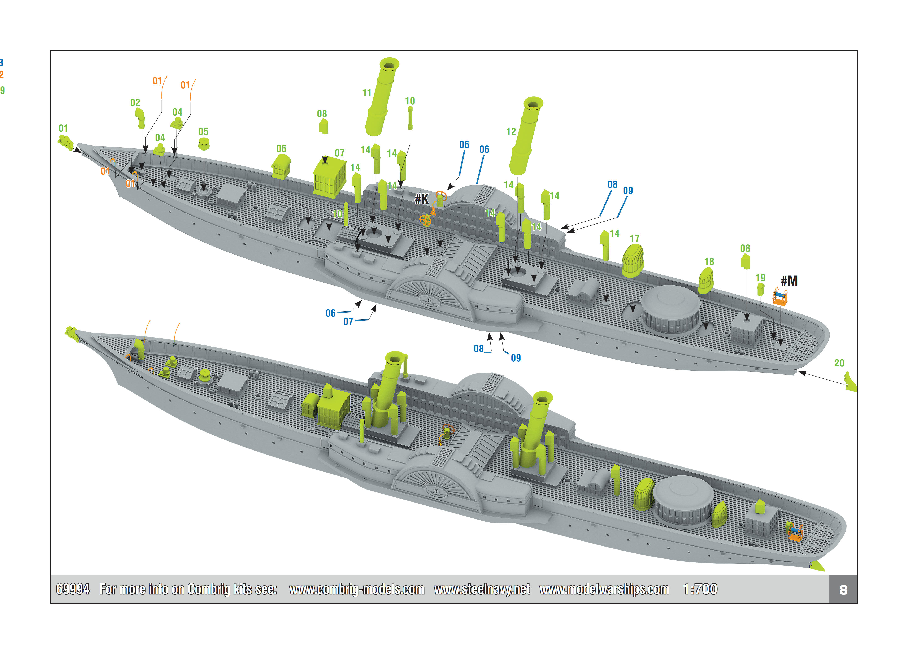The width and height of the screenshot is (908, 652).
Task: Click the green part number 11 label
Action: point(367,93)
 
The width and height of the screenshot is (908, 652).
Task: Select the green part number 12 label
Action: point(511,132)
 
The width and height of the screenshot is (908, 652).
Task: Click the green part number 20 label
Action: point(839,363)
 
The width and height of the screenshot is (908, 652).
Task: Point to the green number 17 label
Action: point(635,239)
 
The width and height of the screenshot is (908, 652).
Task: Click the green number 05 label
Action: point(203,132)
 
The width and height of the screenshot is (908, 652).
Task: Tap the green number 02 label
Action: point(135,103)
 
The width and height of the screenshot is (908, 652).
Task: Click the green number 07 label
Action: point(339,153)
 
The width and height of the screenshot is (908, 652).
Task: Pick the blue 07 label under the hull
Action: point(348,321)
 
